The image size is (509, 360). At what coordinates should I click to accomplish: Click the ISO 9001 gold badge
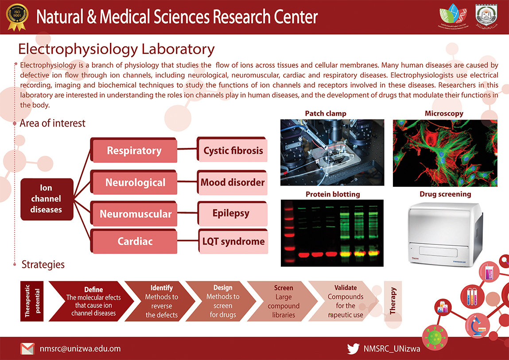click(x=17, y=17)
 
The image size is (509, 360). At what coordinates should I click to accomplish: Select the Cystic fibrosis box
click(x=233, y=151)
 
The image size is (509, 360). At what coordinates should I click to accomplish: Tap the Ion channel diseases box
click(x=46, y=199)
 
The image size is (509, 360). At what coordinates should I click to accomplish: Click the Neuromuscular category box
click(x=136, y=214)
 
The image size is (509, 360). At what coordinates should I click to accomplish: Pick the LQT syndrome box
click(x=233, y=242)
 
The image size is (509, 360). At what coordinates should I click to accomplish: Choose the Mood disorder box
click(x=233, y=182)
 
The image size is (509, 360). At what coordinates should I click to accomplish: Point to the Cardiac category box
click(x=135, y=242)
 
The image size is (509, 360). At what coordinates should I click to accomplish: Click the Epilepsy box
click(x=231, y=213)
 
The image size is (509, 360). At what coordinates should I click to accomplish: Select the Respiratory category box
click(x=134, y=151)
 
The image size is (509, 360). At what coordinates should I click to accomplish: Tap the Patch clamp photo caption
click(x=326, y=114)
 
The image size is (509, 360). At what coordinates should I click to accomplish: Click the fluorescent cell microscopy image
click(x=445, y=153)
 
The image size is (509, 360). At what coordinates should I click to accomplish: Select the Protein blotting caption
click(x=326, y=194)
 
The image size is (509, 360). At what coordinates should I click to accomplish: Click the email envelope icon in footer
click(x=27, y=348)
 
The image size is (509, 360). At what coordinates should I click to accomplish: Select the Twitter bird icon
click(x=353, y=348)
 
